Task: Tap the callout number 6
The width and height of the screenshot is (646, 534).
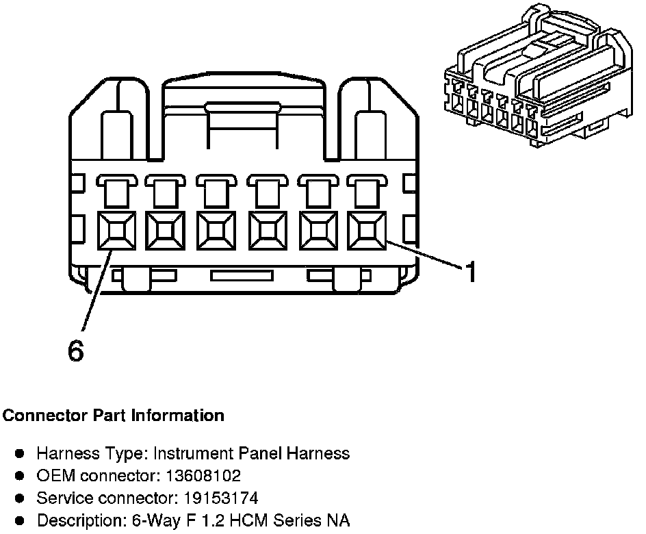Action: [76, 351]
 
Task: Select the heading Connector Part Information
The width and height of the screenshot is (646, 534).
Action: [114, 416]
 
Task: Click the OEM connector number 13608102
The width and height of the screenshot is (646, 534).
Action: [206, 475]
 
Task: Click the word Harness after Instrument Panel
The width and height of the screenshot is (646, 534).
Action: [322, 453]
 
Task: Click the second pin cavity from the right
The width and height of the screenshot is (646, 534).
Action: [316, 231]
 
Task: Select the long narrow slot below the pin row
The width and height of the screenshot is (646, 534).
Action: [242, 276]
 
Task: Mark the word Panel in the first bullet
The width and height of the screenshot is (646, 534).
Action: [263, 453]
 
